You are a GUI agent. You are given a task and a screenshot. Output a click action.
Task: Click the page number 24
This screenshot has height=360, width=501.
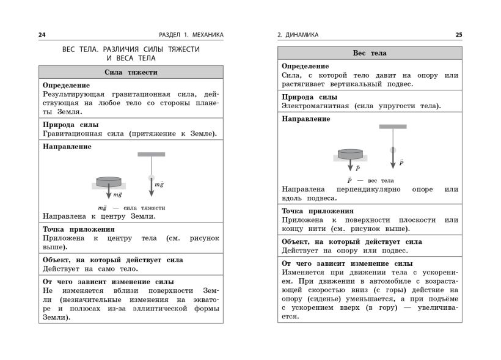[42, 35]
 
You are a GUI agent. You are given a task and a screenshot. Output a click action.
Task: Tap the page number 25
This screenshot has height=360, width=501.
[458, 35]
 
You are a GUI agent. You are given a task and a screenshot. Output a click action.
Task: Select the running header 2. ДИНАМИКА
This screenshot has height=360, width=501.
[298, 35]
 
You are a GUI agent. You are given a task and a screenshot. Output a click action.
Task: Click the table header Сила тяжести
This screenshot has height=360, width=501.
[131, 72]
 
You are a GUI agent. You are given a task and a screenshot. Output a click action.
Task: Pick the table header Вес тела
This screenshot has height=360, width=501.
[370, 53]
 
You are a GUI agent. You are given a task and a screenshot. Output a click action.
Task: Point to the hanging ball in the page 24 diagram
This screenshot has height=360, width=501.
[151, 178]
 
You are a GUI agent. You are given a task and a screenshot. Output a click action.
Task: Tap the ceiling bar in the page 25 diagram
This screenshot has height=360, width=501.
[393, 127]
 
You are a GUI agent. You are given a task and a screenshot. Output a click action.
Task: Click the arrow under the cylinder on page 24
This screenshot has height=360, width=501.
[109, 194]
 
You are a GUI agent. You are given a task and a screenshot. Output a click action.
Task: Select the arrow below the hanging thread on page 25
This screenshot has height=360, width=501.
[393, 160]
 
